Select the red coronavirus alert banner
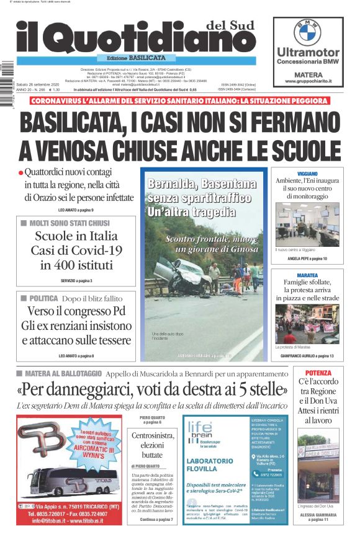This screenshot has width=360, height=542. tap(179, 100)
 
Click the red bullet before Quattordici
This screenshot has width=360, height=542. tap(20, 173)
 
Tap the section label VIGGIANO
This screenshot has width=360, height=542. tap(307, 174)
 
